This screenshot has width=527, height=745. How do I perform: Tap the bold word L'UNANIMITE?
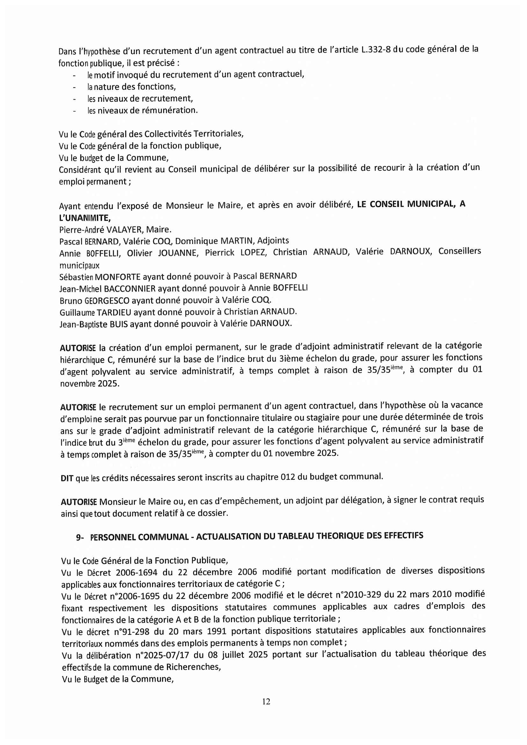tap(85, 218)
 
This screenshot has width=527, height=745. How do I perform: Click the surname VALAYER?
tap(125, 230)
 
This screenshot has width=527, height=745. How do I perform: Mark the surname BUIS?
tap(119, 324)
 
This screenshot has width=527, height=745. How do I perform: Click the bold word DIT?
tap(67, 478)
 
